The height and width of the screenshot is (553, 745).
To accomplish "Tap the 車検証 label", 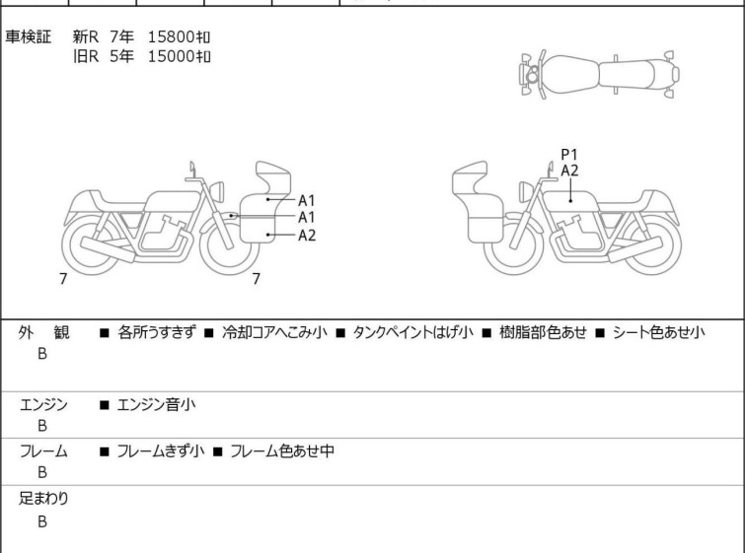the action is pyautogui.click(x=28, y=36).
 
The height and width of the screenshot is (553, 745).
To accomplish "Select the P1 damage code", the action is pyautogui.click(x=569, y=155).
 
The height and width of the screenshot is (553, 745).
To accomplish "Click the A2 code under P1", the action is pyautogui.click(x=569, y=171).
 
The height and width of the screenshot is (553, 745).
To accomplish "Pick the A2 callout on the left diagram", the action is pyautogui.click(x=307, y=236).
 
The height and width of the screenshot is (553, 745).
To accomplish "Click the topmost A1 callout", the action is pyautogui.click(x=307, y=201).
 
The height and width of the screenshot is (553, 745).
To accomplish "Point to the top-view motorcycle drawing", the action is pyautogui.click(x=599, y=74).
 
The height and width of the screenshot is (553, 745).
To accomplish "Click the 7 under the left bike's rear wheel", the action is pyautogui.click(x=63, y=279).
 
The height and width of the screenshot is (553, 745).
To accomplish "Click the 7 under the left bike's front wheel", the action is pyautogui.click(x=257, y=279).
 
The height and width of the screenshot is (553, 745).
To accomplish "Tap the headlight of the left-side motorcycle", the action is pyautogui.click(x=217, y=191).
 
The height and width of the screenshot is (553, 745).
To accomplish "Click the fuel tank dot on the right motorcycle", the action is pyautogui.click(x=570, y=201).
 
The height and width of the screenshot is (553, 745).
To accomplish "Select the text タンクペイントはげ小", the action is pyautogui.click(x=412, y=332).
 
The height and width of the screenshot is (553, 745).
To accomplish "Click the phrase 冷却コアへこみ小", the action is pyautogui.click(x=274, y=332).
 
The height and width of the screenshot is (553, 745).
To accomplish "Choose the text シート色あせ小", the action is pyautogui.click(x=658, y=332).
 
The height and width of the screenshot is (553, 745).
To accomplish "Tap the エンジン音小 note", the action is pyautogui.click(x=156, y=405).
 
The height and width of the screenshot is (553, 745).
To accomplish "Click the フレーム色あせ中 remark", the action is pyautogui.click(x=282, y=450).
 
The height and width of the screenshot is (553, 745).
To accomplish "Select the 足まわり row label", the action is pyautogui.click(x=43, y=499).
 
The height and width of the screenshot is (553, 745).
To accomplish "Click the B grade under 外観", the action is pyautogui.click(x=42, y=354).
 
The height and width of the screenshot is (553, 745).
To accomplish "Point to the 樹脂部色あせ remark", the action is pyautogui.click(x=543, y=332).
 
